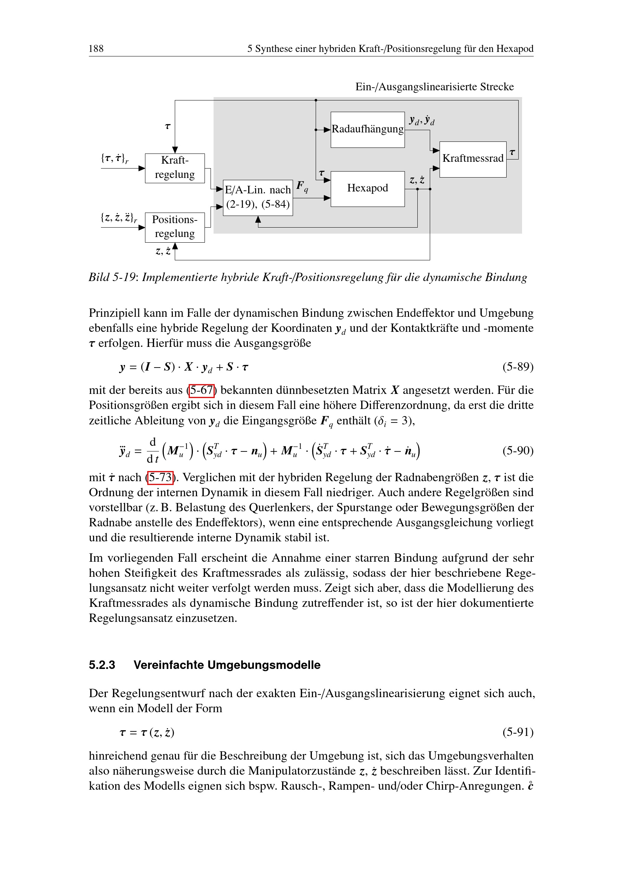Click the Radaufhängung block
(x=368, y=129)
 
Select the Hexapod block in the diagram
(x=368, y=188)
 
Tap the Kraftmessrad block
(x=473, y=159)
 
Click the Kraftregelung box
(x=174, y=168)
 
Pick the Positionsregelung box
(x=174, y=227)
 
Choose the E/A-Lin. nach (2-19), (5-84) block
(x=257, y=198)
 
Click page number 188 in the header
(x=96, y=49)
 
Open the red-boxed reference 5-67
(x=202, y=390)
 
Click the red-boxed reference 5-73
(x=160, y=477)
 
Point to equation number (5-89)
(x=518, y=367)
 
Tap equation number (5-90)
(x=518, y=450)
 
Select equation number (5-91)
(x=518, y=733)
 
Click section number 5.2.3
(x=102, y=665)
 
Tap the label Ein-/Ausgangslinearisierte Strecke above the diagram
(x=434, y=87)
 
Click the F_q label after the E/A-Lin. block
(x=302, y=187)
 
